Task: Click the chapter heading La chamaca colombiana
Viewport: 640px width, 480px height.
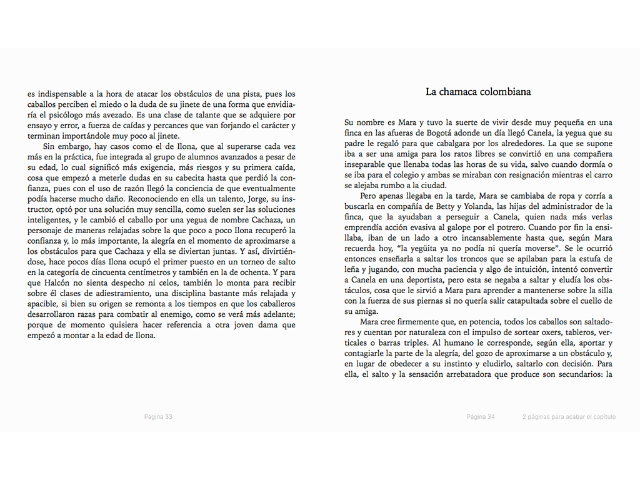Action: coord(478,92)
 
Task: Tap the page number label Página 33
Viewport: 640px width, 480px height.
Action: coord(158,417)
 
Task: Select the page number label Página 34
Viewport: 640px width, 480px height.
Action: coord(481,417)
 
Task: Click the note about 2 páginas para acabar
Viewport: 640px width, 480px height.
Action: coord(569,417)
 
